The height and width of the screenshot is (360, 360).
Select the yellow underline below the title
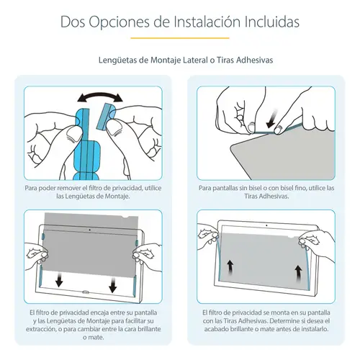180,38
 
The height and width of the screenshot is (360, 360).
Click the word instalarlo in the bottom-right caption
313,329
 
